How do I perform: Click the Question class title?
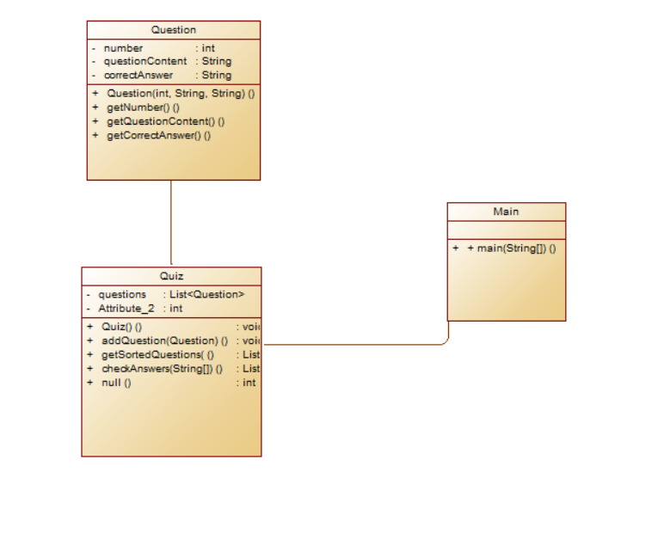173,30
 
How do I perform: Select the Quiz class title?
171,276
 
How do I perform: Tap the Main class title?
506,212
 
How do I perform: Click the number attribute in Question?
123,48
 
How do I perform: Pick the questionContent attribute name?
145,62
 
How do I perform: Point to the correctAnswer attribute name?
138,75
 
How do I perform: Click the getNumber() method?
143,107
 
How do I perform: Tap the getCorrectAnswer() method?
158,135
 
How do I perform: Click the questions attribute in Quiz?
122,294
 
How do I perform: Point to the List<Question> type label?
206,294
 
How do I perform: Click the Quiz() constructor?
121,327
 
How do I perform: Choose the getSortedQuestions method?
157,354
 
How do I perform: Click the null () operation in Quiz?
116,383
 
